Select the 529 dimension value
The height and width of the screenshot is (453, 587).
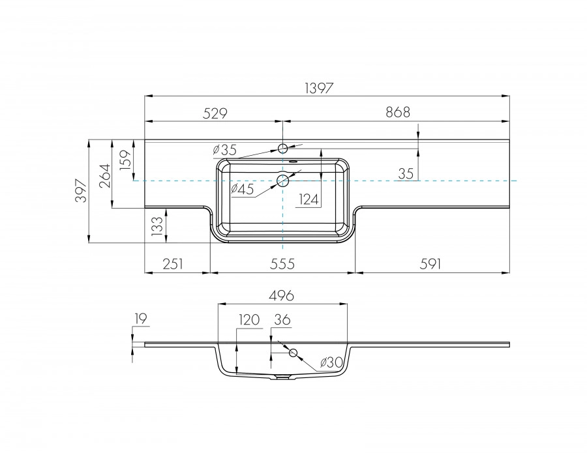point(215,113)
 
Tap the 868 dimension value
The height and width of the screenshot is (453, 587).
point(397,113)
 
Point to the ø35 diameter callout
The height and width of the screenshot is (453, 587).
point(224,150)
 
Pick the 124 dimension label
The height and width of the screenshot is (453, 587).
point(309,199)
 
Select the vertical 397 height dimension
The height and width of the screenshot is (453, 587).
point(80,191)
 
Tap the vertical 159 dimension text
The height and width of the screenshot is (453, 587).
point(126,159)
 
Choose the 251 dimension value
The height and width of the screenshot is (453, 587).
point(173,264)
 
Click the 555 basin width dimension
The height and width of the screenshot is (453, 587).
point(282,264)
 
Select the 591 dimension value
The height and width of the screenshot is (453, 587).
point(431,264)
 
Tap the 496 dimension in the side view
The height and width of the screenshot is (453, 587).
point(282,295)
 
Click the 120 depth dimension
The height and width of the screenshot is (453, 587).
point(249,319)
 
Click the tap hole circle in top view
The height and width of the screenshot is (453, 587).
point(283,149)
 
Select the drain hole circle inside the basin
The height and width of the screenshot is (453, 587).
point(283,181)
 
